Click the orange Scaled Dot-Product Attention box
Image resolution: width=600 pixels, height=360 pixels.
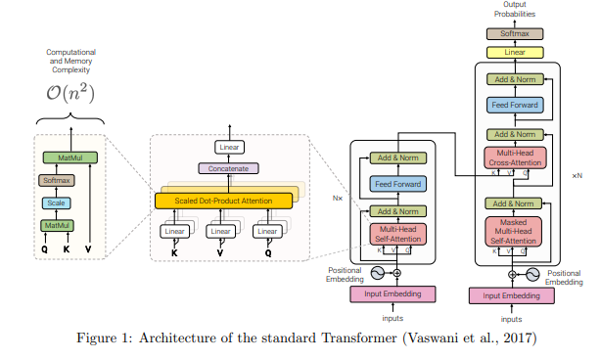(223, 201)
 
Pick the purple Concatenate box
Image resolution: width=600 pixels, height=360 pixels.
(227, 168)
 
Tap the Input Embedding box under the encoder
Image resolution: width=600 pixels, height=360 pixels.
(392, 294)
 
